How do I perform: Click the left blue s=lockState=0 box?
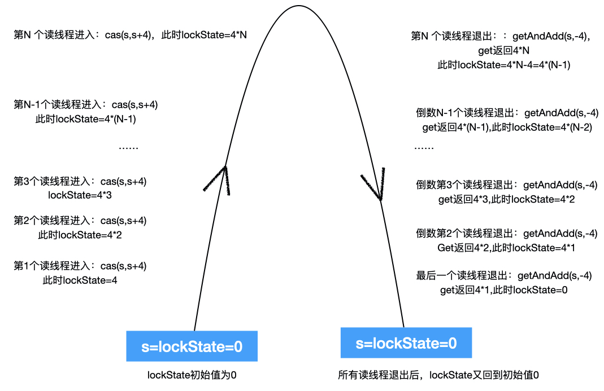click(192, 346)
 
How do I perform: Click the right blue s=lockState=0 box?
click(406, 343)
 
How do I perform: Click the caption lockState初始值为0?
click(192, 375)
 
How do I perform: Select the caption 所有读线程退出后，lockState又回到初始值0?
click(438, 375)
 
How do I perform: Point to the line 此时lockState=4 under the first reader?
click(80, 280)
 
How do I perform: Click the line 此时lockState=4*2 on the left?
click(80, 235)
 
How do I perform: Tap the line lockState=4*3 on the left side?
click(80, 196)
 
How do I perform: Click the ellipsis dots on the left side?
click(129, 147)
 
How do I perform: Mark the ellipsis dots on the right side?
click(424, 147)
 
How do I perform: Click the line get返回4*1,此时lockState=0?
click(503, 291)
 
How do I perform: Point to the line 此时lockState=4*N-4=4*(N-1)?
click(504, 65)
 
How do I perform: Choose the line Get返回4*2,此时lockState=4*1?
click(506, 248)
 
